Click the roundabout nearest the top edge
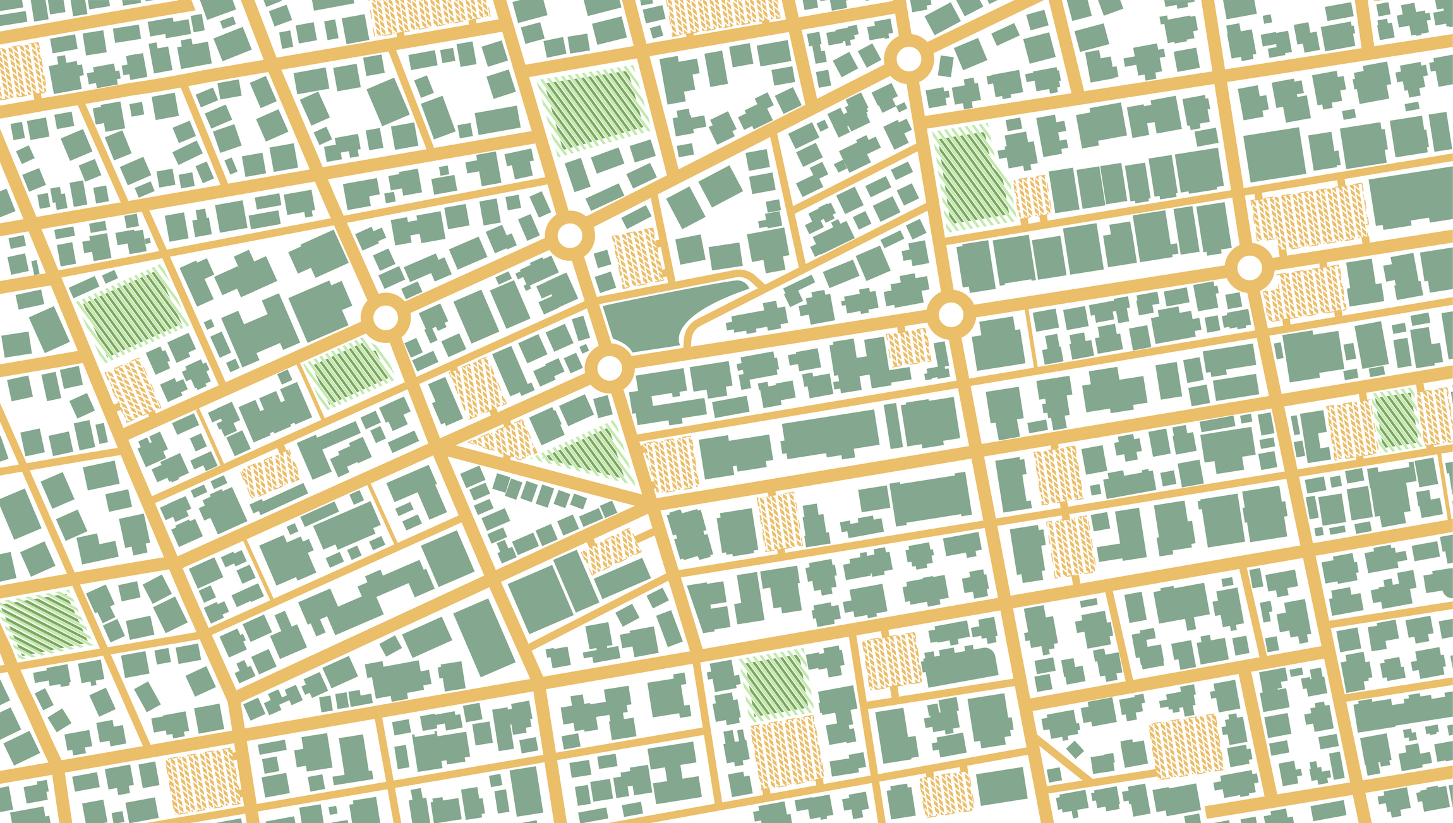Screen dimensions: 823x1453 909,59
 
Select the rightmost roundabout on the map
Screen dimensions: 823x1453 1249,268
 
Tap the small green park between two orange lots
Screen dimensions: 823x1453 1396,420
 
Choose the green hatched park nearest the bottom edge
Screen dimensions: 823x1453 775,685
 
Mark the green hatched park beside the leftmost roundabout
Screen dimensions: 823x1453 349,373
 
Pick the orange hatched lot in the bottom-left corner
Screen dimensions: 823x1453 203,780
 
